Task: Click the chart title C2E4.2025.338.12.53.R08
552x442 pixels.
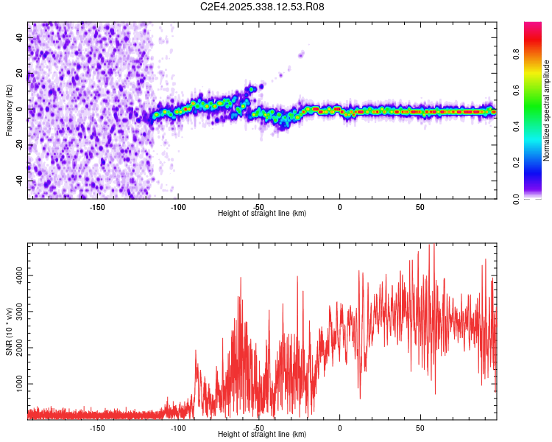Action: (263, 7)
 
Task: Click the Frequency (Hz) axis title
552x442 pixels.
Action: (9, 110)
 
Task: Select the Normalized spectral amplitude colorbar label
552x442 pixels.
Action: (547, 110)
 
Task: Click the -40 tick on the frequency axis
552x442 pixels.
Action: (19, 180)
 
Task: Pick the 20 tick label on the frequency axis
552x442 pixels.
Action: (21, 74)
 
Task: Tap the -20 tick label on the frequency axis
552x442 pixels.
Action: (19, 145)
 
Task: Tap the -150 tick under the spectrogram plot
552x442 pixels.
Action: (97, 206)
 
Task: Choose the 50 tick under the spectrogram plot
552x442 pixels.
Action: (420, 206)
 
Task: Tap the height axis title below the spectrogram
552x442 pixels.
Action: (262, 214)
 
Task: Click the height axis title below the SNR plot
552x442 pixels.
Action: (262, 435)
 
